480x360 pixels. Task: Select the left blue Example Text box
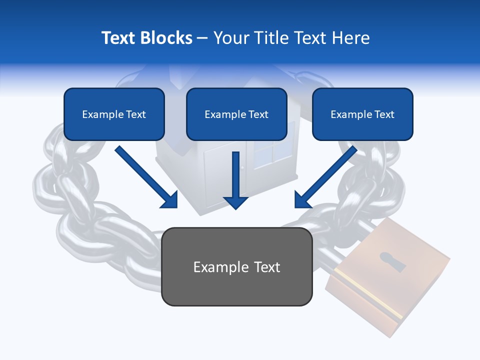pyautogui.click(x=114, y=114)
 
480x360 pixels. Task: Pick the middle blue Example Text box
pyautogui.click(x=236, y=114)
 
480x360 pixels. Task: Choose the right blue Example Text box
pyautogui.click(x=362, y=114)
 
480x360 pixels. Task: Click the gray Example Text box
pyautogui.click(x=236, y=267)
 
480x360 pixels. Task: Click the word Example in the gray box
pyautogui.click(x=220, y=267)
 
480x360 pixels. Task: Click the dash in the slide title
pyautogui.click(x=202, y=38)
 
